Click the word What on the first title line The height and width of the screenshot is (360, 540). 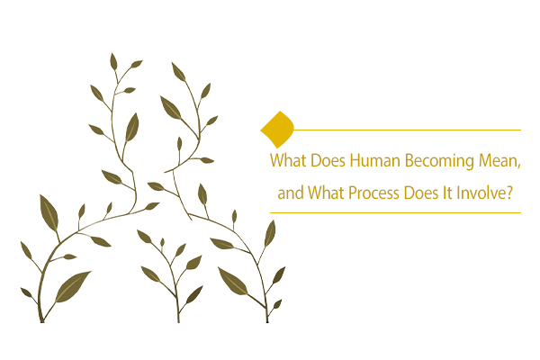click(288, 164)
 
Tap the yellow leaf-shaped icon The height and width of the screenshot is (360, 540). click(277, 129)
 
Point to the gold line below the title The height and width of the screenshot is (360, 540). click(396, 212)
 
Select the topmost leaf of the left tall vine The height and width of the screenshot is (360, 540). click(113, 61)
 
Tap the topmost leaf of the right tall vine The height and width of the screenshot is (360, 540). click(177, 71)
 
